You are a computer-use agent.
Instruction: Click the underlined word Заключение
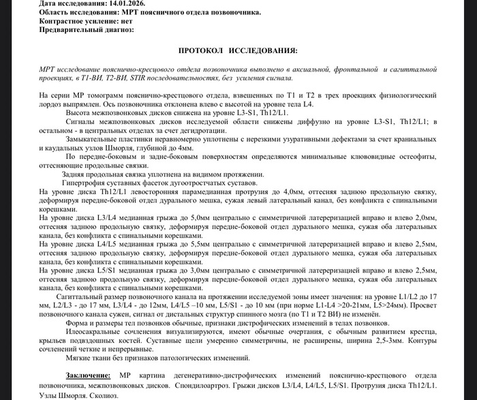[x=88, y=375]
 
